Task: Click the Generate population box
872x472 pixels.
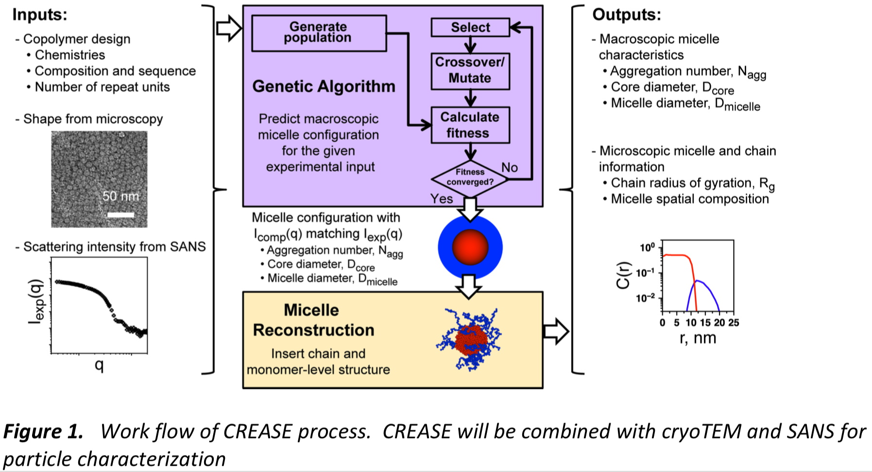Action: point(319,33)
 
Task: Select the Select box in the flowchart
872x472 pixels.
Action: point(470,27)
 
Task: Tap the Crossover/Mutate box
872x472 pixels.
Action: point(470,71)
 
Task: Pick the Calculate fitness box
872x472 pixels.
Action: point(470,125)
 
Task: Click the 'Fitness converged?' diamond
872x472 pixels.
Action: point(470,177)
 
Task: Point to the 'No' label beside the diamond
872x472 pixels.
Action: point(510,167)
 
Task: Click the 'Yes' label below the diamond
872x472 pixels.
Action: point(442,199)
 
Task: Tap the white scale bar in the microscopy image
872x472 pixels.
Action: point(120,214)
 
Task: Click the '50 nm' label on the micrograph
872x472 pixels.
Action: point(120,196)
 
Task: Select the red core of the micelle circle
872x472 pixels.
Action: point(470,247)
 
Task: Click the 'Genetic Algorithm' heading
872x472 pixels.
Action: point(324,87)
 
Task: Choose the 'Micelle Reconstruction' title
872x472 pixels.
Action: point(313,320)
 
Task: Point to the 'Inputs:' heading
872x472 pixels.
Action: point(40,15)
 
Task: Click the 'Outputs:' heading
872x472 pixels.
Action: point(626,15)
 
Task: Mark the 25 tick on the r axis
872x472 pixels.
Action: point(734,323)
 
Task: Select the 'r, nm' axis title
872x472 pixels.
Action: point(698,338)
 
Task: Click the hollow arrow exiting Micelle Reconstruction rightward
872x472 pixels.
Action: point(556,332)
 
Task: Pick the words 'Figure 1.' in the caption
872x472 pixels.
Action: point(43,432)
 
